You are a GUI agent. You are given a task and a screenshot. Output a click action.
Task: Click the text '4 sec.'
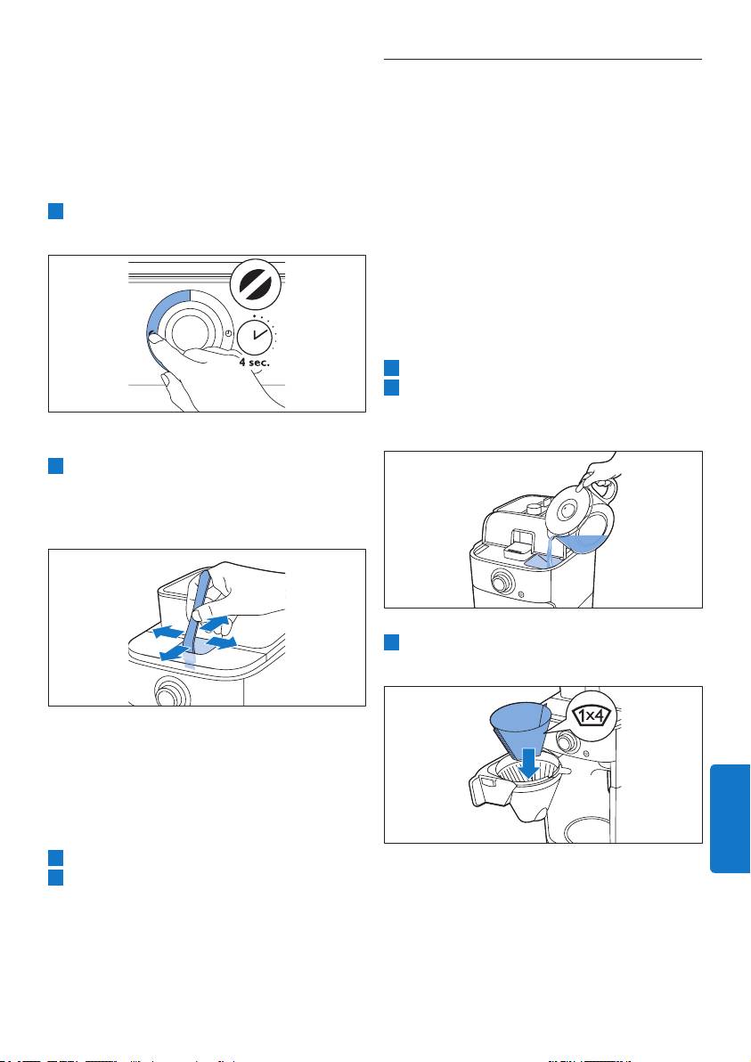pos(254,363)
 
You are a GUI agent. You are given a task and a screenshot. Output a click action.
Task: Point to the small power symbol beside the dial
pos(228,333)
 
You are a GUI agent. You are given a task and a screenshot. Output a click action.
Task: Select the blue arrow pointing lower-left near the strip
pos(174,651)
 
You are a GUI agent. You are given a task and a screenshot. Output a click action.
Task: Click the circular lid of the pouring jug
pos(567,511)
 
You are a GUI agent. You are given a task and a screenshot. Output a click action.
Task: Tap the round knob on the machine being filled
pos(502,582)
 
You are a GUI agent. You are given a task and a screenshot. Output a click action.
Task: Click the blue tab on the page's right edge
pos(730,819)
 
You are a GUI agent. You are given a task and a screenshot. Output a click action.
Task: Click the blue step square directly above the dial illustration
pos(55,210)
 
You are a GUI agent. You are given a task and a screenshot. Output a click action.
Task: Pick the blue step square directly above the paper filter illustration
pos(391,642)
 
